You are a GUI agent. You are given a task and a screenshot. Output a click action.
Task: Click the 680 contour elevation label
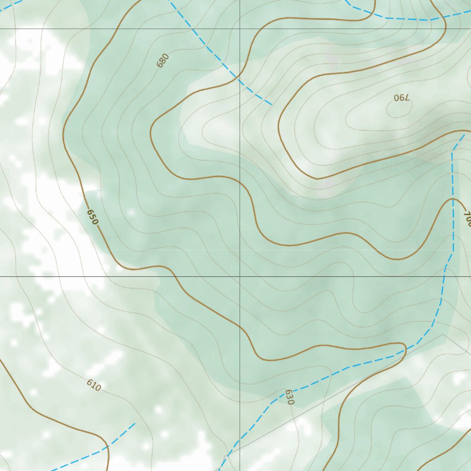pos(163,60)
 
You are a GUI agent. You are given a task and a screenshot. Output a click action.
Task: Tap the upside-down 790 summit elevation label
pos(402,98)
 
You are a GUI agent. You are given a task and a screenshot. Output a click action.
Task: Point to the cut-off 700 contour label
pos(467,218)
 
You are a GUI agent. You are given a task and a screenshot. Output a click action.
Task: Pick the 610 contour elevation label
pos(93,385)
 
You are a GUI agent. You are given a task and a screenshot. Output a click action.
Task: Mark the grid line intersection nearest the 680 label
pos(240,29)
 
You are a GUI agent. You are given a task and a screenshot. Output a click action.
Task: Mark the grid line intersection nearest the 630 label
pos(240,276)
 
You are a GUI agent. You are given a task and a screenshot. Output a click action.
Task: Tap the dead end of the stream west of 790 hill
pos(271,104)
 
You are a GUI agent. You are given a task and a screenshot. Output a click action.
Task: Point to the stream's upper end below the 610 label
pos(135,424)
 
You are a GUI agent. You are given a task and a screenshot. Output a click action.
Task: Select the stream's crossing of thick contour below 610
pos(107,445)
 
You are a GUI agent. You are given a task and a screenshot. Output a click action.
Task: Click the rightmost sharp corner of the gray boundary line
pos(443,334)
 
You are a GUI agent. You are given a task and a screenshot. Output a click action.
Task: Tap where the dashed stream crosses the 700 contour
pos(453,198)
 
